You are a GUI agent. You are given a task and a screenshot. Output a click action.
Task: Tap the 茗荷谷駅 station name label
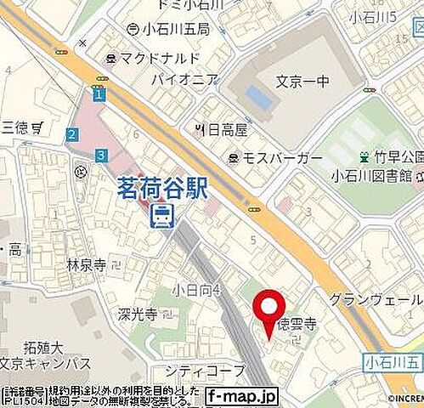(162, 188)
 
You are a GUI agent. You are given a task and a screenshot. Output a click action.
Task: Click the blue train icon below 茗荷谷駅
(161, 217)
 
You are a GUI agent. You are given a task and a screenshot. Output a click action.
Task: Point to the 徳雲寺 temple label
(298, 324)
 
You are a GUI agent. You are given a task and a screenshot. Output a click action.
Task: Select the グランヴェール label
(376, 300)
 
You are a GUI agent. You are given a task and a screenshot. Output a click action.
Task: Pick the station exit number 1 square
(99, 96)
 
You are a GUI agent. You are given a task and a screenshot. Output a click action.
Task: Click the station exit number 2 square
(73, 133)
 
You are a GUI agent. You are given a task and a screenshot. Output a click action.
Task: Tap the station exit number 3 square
(101, 155)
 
